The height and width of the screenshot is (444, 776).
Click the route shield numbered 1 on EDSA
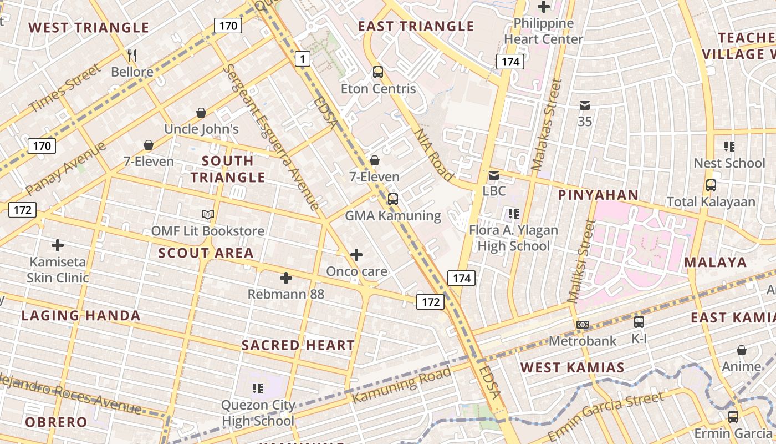pyautogui.click(x=302, y=58)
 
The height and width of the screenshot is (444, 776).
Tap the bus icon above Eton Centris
pyautogui.click(x=378, y=72)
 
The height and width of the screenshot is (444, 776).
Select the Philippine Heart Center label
pyautogui.click(x=543, y=31)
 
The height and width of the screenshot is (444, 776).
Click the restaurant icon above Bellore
pyautogui.click(x=132, y=54)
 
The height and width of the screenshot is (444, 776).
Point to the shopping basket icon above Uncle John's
pyautogui.click(x=201, y=113)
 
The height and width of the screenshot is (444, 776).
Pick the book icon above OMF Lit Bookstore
pyautogui.click(x=208, y=214)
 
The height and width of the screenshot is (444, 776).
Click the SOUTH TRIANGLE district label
pyautogui.click(x=228, y=169)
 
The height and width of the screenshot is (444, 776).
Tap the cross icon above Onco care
pyautogui.click(x=356, y=255)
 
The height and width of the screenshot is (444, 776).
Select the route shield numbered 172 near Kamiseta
pyautogui.click(x=22, y=210)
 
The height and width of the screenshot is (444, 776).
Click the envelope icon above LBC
pyautogui.click(x=493, y=175)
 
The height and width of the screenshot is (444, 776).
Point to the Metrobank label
pyautogui.click(x=582, y=341)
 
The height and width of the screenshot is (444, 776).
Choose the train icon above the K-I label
pyautogui.click(x=639, y=321)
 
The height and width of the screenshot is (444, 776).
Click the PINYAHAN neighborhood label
pyautogui.click(x=598, y=195)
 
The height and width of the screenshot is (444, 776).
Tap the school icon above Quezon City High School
pyautogui.click(x=258, y=388)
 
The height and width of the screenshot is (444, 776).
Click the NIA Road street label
pyautogui.click(x=434, y=154)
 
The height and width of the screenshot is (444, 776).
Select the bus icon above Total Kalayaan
pyautogui.click(x=711, y=185)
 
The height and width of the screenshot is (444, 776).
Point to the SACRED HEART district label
pyautogui.click(x=298, y=345)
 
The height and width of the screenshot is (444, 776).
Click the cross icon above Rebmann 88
pyautogui.click(x=286, y=277)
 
